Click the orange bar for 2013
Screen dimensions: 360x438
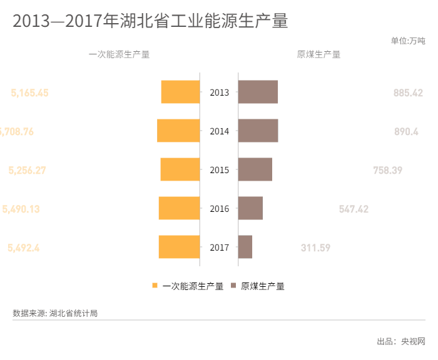(180, 92)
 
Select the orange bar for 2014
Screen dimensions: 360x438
(178, 131)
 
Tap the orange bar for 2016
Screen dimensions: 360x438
(179, 209)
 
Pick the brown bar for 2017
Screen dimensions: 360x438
(245, 247)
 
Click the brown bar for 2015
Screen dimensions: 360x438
(255, 170)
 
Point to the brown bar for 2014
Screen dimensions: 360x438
(258, 131)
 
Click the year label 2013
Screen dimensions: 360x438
(220, 92)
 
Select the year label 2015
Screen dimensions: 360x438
(220, 170)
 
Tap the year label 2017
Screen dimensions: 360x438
(220, 247)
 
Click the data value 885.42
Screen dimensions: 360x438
(408, 92)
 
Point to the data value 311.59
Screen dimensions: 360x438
(315, 247)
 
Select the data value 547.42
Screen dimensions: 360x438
(354, 209)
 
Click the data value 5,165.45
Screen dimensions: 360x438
(29, 92)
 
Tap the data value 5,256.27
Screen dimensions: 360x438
(27, 170)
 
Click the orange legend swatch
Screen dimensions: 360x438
(155, 286)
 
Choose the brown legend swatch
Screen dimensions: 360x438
(233, 286)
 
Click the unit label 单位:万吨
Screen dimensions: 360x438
(407, 41)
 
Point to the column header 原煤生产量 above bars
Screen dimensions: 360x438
(318, 54)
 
